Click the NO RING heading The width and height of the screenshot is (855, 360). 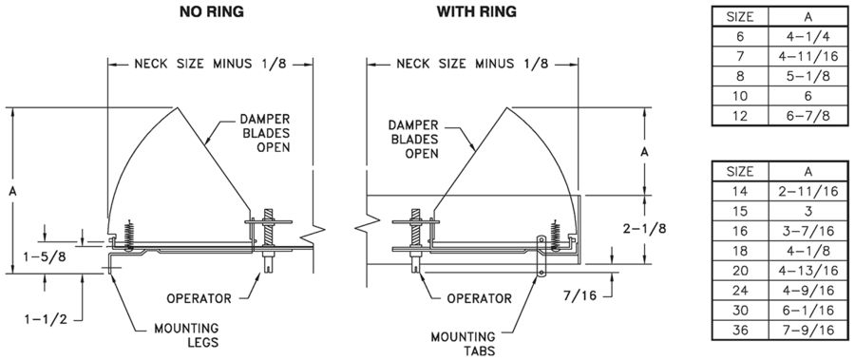212,11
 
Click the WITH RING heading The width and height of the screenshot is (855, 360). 476,11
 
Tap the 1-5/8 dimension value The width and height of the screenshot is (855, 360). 46,256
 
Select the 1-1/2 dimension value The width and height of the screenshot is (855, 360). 47,319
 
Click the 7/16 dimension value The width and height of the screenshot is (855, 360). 580,295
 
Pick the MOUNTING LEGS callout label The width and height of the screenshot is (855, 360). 186,335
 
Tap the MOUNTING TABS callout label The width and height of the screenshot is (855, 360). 463,344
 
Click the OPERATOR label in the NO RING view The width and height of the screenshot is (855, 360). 199,298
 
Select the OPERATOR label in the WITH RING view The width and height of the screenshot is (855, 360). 480,298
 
